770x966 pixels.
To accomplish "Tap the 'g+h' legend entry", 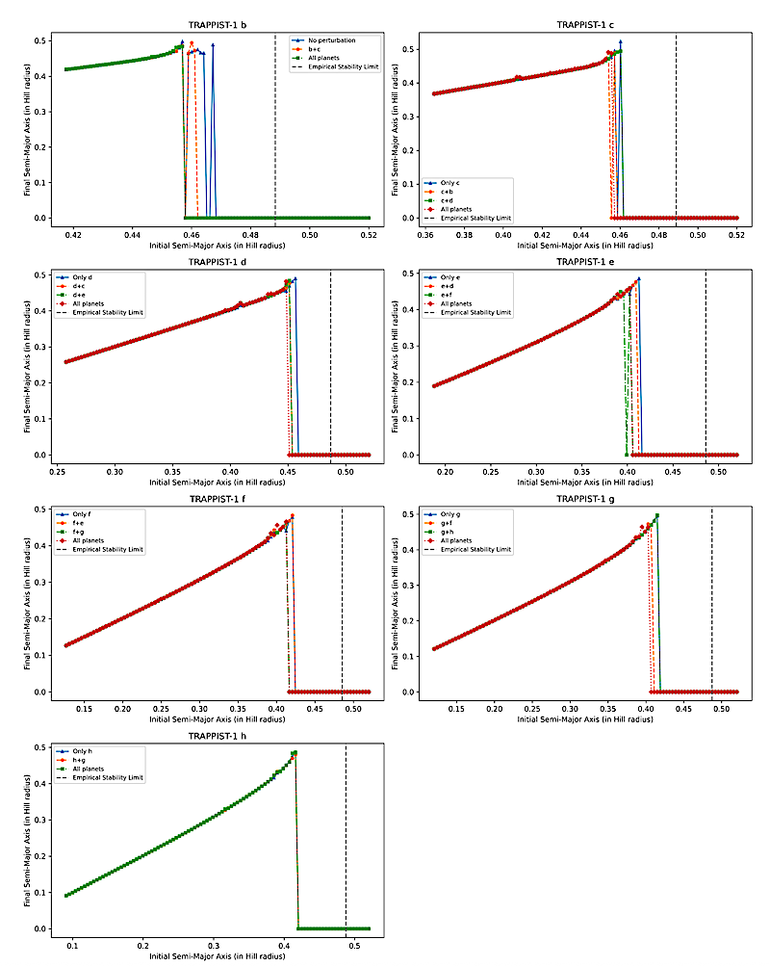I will (x=448, y=531).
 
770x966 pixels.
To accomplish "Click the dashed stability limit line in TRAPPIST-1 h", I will (x=346, y=838).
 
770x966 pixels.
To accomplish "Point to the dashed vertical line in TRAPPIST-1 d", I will (x=330, y=366).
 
